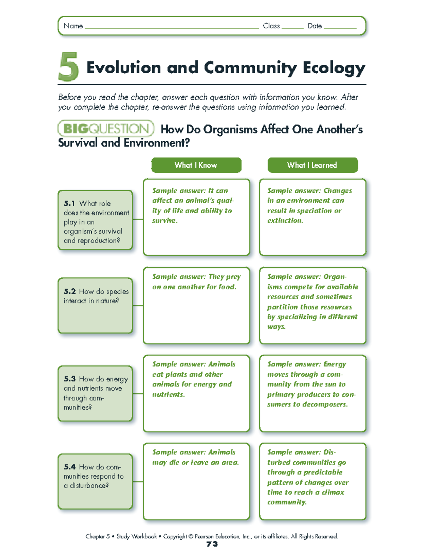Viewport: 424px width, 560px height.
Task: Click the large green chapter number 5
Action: click(x=68, y=67)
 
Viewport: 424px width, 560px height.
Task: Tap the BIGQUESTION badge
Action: click(x=106, y=128)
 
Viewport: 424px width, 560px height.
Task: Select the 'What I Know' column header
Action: click(x=196, y=165)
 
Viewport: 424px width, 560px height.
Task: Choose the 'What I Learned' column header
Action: click(x=312, y=165)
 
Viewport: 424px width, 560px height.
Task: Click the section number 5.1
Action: click(x=69, y=203)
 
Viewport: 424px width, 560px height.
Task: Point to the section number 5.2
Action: click(x=70, y=291)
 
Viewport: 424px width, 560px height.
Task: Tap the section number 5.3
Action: click(x=70, y=379)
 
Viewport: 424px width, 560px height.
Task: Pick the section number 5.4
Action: click(x=70, y=467)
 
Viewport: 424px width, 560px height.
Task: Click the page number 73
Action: click(x=212, y=544)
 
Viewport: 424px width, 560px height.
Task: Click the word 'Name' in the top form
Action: click(x=73, y=26)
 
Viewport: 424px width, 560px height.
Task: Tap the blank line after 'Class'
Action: click(x=293, y=27)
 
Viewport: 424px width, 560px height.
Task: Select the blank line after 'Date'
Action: click(x=340, y=27)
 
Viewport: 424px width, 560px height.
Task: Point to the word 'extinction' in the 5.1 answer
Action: click(x=285, y=221)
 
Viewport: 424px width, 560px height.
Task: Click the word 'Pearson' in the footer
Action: click(x=204, y=536)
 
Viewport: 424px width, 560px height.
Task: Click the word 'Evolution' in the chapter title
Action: click(x=124, y=68)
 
